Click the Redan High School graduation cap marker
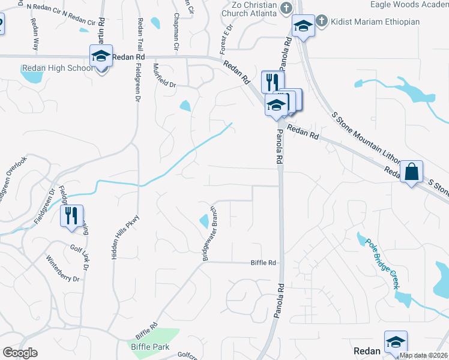click(x=101, y=56)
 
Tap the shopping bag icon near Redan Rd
click(x=412, y=172)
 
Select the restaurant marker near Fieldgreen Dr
click(x=72, y=216)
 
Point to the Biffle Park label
click(x=150, y=347)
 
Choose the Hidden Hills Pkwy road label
click(x=117, y=237)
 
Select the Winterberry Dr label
click(x=62, y=268)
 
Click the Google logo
click(x=20, y=353)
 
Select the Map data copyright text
click(x=424, y=355)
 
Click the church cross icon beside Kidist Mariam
click(x=321, y=22)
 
